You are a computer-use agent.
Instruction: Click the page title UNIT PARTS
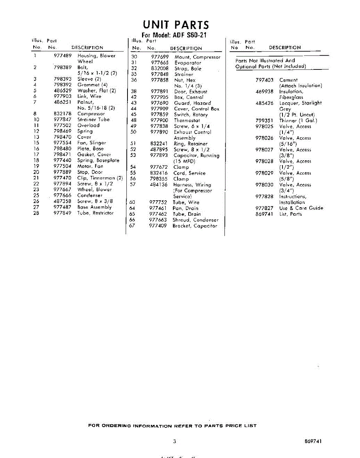click(176, 25)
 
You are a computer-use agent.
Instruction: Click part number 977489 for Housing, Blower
click(63, 56)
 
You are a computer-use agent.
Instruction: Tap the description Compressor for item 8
click(91, 114)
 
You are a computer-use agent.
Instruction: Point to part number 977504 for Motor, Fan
click(62, 166)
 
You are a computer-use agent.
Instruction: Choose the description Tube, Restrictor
click(95, 213)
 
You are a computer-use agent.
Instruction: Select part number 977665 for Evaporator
click(160, 63)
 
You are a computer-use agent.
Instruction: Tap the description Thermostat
click(187, 120)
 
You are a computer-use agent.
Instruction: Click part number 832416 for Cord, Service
click(159, 173)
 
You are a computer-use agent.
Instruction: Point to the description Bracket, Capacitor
click(195, 226)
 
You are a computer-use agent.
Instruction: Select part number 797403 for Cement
click(265, 80)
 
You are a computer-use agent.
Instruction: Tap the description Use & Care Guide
click(301, 208)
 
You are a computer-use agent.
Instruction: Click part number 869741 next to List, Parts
click(265, 214)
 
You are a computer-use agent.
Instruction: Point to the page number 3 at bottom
click(174, 442)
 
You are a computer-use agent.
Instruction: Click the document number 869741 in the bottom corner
click(313, 442)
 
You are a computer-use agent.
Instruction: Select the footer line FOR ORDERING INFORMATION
click(172, 426)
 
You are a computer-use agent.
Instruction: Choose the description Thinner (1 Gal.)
click(298, 121)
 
